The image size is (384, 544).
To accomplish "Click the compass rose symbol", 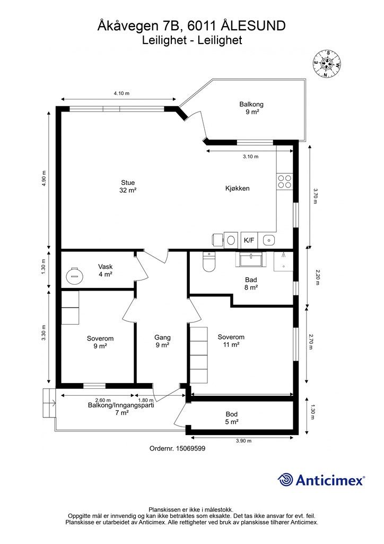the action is pyautogui.click(x=327, y=64).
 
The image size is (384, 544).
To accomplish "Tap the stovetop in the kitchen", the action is pyautogui.click(x=284, y=181).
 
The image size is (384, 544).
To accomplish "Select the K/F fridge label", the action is pyautogui.click(x=249, y=240).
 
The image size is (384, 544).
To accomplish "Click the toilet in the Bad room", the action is pyautogui.click(x=209, y=262).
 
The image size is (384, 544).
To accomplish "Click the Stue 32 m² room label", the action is pyautogui.click(x=128, y=186).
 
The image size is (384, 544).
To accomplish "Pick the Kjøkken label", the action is pyautogui.click(x=237, y=189).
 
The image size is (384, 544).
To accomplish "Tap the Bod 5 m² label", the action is pyautogui.click(x=232, y=418).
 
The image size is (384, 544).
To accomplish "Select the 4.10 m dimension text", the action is pyautogui.click(x=121, y=93).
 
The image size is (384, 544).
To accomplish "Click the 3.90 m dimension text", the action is pyautogui.click(x=243, y=441).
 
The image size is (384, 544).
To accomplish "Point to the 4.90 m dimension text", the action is pyautogui.click(x=43, y=178).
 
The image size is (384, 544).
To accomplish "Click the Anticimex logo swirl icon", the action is pyautogui.click(x=285, y=480).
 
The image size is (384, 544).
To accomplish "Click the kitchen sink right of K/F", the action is pyautogui.click(x=269, y=240).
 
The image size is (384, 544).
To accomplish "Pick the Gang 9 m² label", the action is pyautogui.click(x=162, y=341).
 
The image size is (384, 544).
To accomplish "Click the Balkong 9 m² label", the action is pyautogui.click(x=251, y=108).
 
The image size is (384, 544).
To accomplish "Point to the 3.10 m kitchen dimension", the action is pyautogui.click(x=250, y=157).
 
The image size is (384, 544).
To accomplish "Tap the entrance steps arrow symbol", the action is pyautogui.click(x=53, y=403).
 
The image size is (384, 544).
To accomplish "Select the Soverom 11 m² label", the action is pyautogui.click(x=231, y=341).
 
